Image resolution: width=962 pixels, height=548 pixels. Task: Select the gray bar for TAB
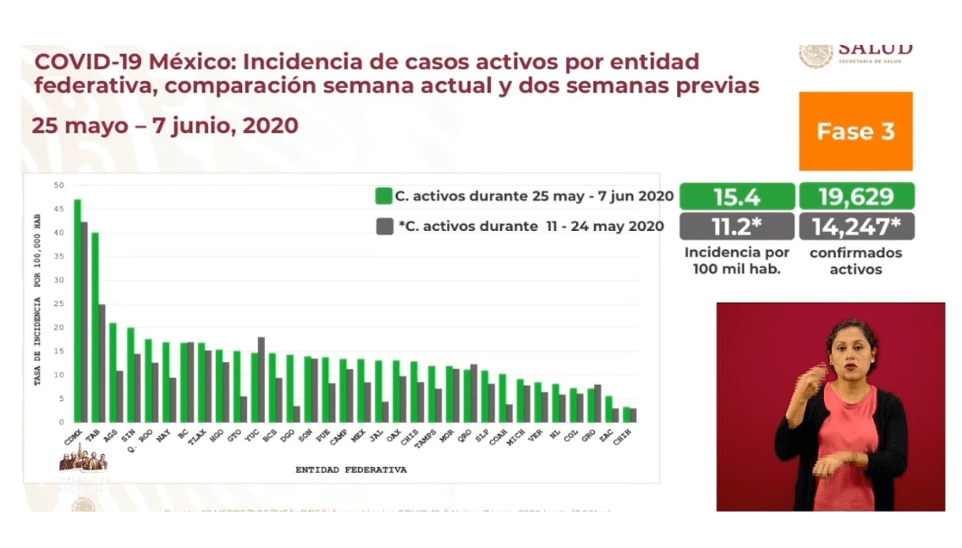[102, 363]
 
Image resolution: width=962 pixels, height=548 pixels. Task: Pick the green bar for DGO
[289, 388]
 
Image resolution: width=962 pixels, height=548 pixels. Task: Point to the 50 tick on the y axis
[58, 185]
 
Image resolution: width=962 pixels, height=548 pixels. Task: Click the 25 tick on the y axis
[58, 304]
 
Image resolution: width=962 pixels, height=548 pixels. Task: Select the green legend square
[383, 196]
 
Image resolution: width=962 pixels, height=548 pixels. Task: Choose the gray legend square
[383, 226]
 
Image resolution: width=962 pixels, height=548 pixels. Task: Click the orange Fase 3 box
[855, 131]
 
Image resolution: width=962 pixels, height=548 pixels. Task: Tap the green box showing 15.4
[737, 196]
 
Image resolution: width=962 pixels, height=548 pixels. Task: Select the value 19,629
[855, 196]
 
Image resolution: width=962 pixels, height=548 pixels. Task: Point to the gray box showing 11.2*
[737, 226]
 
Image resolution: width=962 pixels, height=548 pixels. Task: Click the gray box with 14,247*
[855, 226]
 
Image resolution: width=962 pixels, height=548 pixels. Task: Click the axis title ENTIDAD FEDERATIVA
[350, 469]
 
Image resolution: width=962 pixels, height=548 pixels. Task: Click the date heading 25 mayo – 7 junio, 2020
[165, 125]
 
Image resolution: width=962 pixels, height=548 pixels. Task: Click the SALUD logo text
[875, 48]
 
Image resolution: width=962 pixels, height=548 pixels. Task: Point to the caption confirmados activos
[855, 261]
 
